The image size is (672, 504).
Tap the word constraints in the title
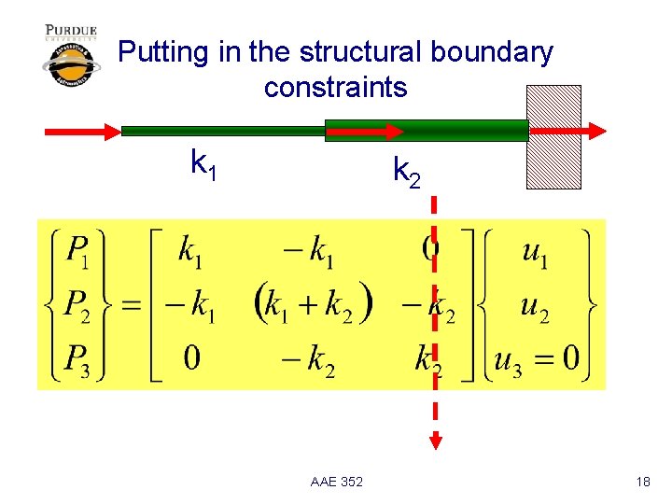point(336,88)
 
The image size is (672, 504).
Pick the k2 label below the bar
point(407,172)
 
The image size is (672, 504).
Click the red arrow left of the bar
point(83,132)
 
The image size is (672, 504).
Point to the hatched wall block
point(553,137)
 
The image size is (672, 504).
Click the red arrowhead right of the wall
point(595,132)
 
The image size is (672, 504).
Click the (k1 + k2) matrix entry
point(313,303)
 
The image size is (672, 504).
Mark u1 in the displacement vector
point(535,253)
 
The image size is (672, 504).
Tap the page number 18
point(642,482)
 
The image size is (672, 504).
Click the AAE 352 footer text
point(336,482)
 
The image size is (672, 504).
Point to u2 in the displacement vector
point(535,305)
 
